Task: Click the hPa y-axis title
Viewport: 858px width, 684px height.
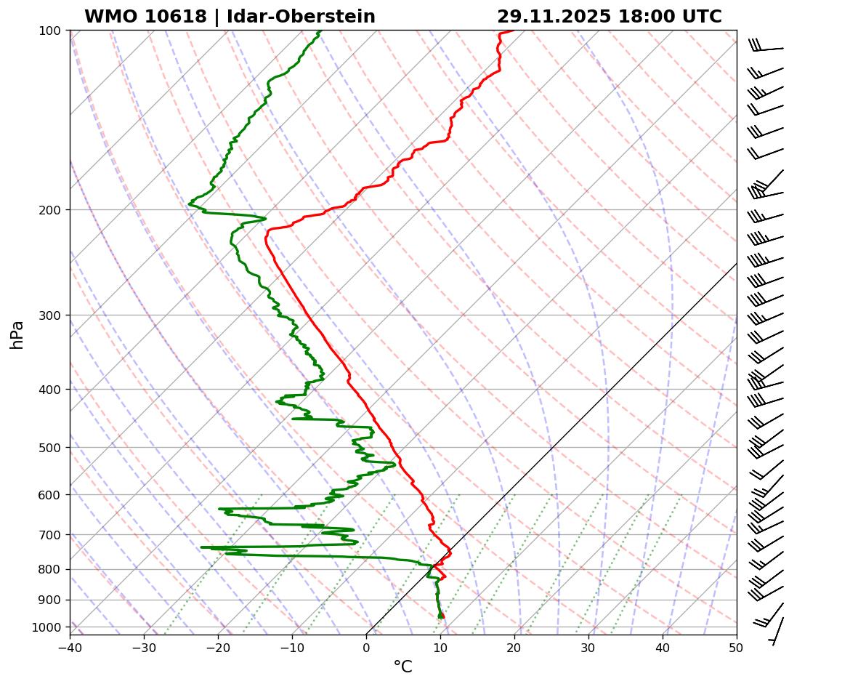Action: pos(17,334)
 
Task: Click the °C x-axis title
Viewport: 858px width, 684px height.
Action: pos(402,667)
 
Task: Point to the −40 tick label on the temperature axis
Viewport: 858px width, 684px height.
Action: pos(70,646)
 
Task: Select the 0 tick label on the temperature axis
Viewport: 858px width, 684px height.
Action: pos(366,646)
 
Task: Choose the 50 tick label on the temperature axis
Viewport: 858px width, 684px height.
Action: pos(737,646)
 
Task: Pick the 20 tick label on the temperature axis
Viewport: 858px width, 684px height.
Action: pos(514,646)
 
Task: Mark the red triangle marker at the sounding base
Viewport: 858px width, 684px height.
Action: pos(441,615)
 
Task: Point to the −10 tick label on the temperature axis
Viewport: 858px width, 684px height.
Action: pos(292,646)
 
